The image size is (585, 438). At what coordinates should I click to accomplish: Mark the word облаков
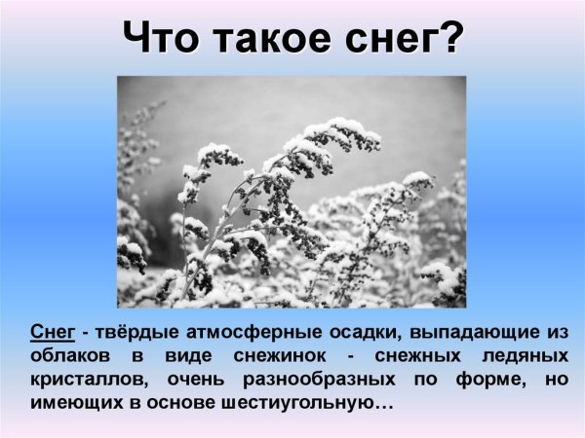tap(67, 355)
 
